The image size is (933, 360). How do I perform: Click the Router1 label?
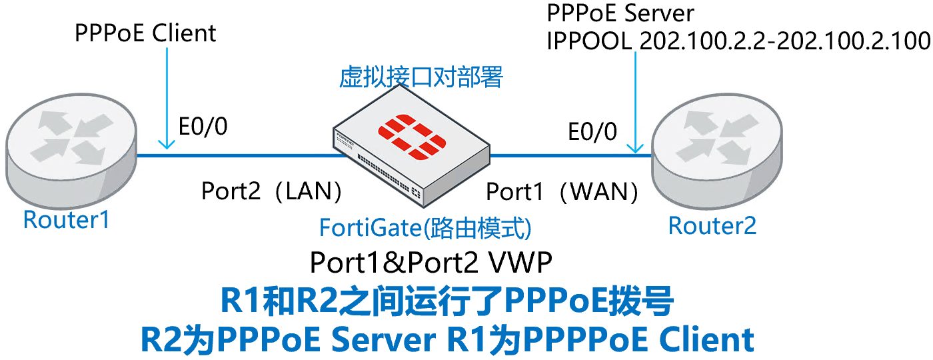tap(66, 219)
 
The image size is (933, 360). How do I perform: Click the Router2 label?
tap(712, 226)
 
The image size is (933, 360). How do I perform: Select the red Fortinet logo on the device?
tap(413, 137)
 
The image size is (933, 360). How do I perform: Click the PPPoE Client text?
tap(145, 33)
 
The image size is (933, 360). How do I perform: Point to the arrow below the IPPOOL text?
tap(637, 100)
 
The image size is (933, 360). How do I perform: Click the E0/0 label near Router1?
tap(202, 126)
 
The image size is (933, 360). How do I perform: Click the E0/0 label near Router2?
tap(592, 131)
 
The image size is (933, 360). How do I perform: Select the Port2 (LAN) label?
tap(272, 192)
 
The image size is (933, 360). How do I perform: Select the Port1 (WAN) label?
tap(562, 192)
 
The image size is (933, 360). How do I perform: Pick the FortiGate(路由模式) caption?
tap(425, 228)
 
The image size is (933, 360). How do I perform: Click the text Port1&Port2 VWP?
tap(431, 263)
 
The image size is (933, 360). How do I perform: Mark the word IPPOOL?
tap(589, 41)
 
